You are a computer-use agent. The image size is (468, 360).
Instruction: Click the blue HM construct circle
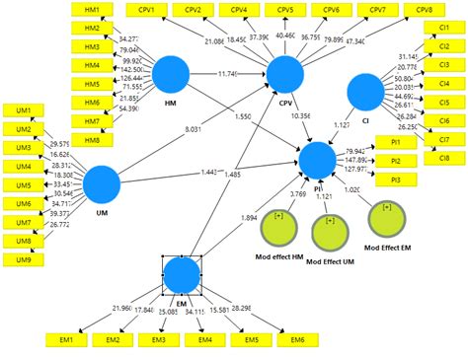[172, 76]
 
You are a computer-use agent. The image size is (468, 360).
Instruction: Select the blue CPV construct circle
[284, 76]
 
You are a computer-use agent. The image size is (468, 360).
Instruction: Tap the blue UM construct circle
[101, 184]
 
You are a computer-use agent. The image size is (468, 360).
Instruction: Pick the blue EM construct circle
[182, 275]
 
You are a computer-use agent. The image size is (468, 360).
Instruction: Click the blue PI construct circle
[318, 160]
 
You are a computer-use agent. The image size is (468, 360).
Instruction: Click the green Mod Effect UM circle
[331, 234]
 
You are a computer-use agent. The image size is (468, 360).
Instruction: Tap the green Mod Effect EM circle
[386, 218]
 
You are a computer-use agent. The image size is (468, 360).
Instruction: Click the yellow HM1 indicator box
[92, 9]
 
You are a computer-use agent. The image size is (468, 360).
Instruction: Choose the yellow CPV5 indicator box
[284, 10]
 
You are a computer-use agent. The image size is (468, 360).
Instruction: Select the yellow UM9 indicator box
[23, 260]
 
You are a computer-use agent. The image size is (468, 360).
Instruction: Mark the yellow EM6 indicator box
[296, 339]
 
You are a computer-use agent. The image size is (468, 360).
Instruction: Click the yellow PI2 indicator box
[396, 160]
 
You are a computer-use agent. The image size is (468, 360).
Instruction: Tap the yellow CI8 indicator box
[444, 158]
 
